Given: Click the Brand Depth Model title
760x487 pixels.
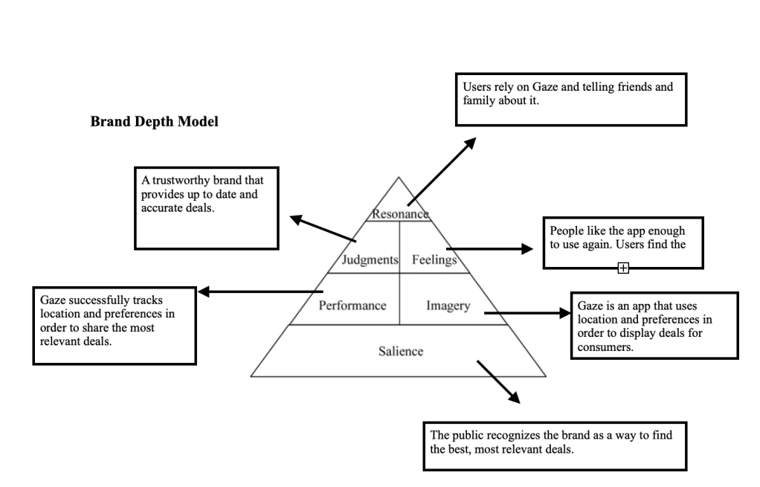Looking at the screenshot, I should (154, 122).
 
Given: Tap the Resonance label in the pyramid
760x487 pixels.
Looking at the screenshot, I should (400, 214).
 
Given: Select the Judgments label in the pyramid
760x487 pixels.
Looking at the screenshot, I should (370, 260).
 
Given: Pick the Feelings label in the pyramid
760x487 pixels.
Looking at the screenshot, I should (434, 260).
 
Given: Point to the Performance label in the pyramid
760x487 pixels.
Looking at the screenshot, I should (352, 306).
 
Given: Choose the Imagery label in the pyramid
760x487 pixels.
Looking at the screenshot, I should (448, 306).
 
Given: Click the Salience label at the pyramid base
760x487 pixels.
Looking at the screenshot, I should (400, 351).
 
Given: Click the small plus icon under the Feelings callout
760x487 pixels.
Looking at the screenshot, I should (623, 268).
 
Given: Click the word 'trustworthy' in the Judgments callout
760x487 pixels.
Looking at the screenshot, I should (181, 181).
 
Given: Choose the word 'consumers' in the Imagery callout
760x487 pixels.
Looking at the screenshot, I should (607, 346).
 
